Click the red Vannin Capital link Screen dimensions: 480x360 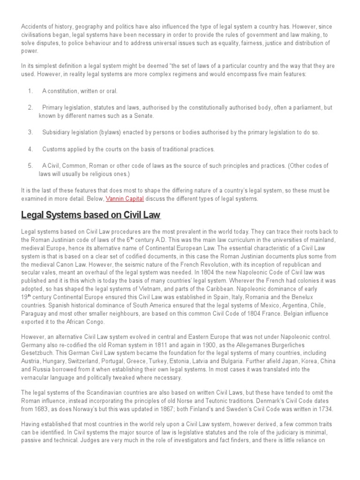coord(125,198)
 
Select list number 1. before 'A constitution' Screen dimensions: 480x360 coord(30,90)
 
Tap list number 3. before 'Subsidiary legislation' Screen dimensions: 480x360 coord(30,132)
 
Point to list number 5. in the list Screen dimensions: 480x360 coord(30,165)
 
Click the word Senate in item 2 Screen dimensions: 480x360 coord(144,115)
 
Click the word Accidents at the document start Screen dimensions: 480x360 coord(34,27)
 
